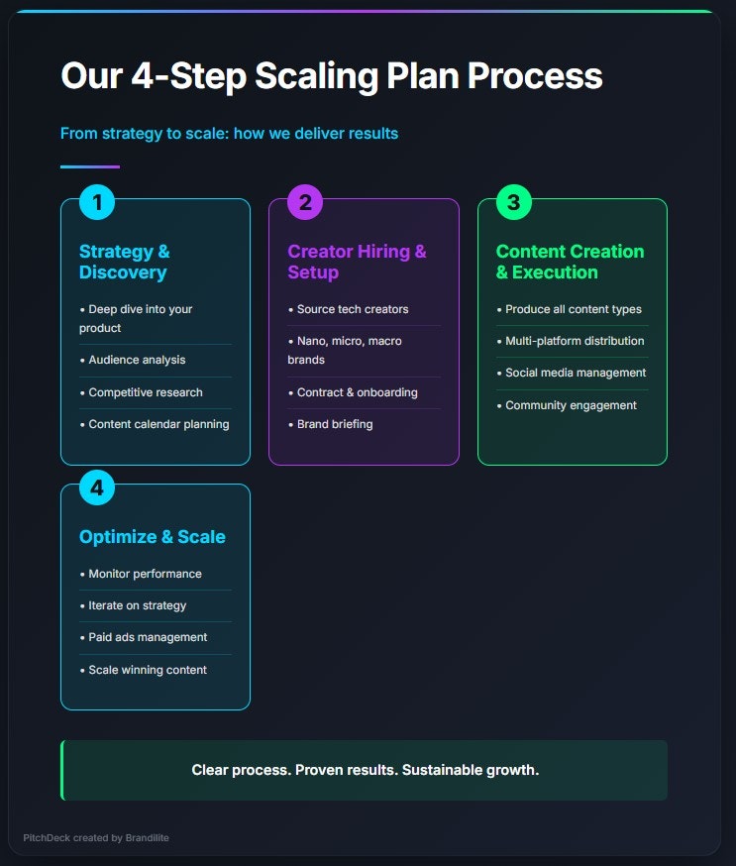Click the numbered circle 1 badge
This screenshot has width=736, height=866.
97,203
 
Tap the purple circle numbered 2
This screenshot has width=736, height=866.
305,203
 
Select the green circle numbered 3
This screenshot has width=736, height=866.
513,203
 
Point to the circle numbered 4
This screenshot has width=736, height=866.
97,488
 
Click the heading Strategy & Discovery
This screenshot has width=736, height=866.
124,262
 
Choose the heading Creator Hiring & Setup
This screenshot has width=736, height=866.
357,262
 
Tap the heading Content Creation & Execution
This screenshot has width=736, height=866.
570,262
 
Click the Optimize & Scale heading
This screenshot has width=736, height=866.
153,537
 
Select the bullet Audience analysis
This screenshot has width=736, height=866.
137,361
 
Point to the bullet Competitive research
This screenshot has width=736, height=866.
146,392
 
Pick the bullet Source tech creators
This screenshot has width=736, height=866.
353,309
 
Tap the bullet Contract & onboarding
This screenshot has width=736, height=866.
358,392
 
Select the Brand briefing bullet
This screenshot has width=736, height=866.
335,424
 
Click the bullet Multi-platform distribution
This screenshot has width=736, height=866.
575,341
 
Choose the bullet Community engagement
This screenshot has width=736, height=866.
571,405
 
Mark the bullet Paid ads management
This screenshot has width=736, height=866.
148,637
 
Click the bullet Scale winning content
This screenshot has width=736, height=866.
148,670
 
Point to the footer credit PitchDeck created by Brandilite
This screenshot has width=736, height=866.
96,838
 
